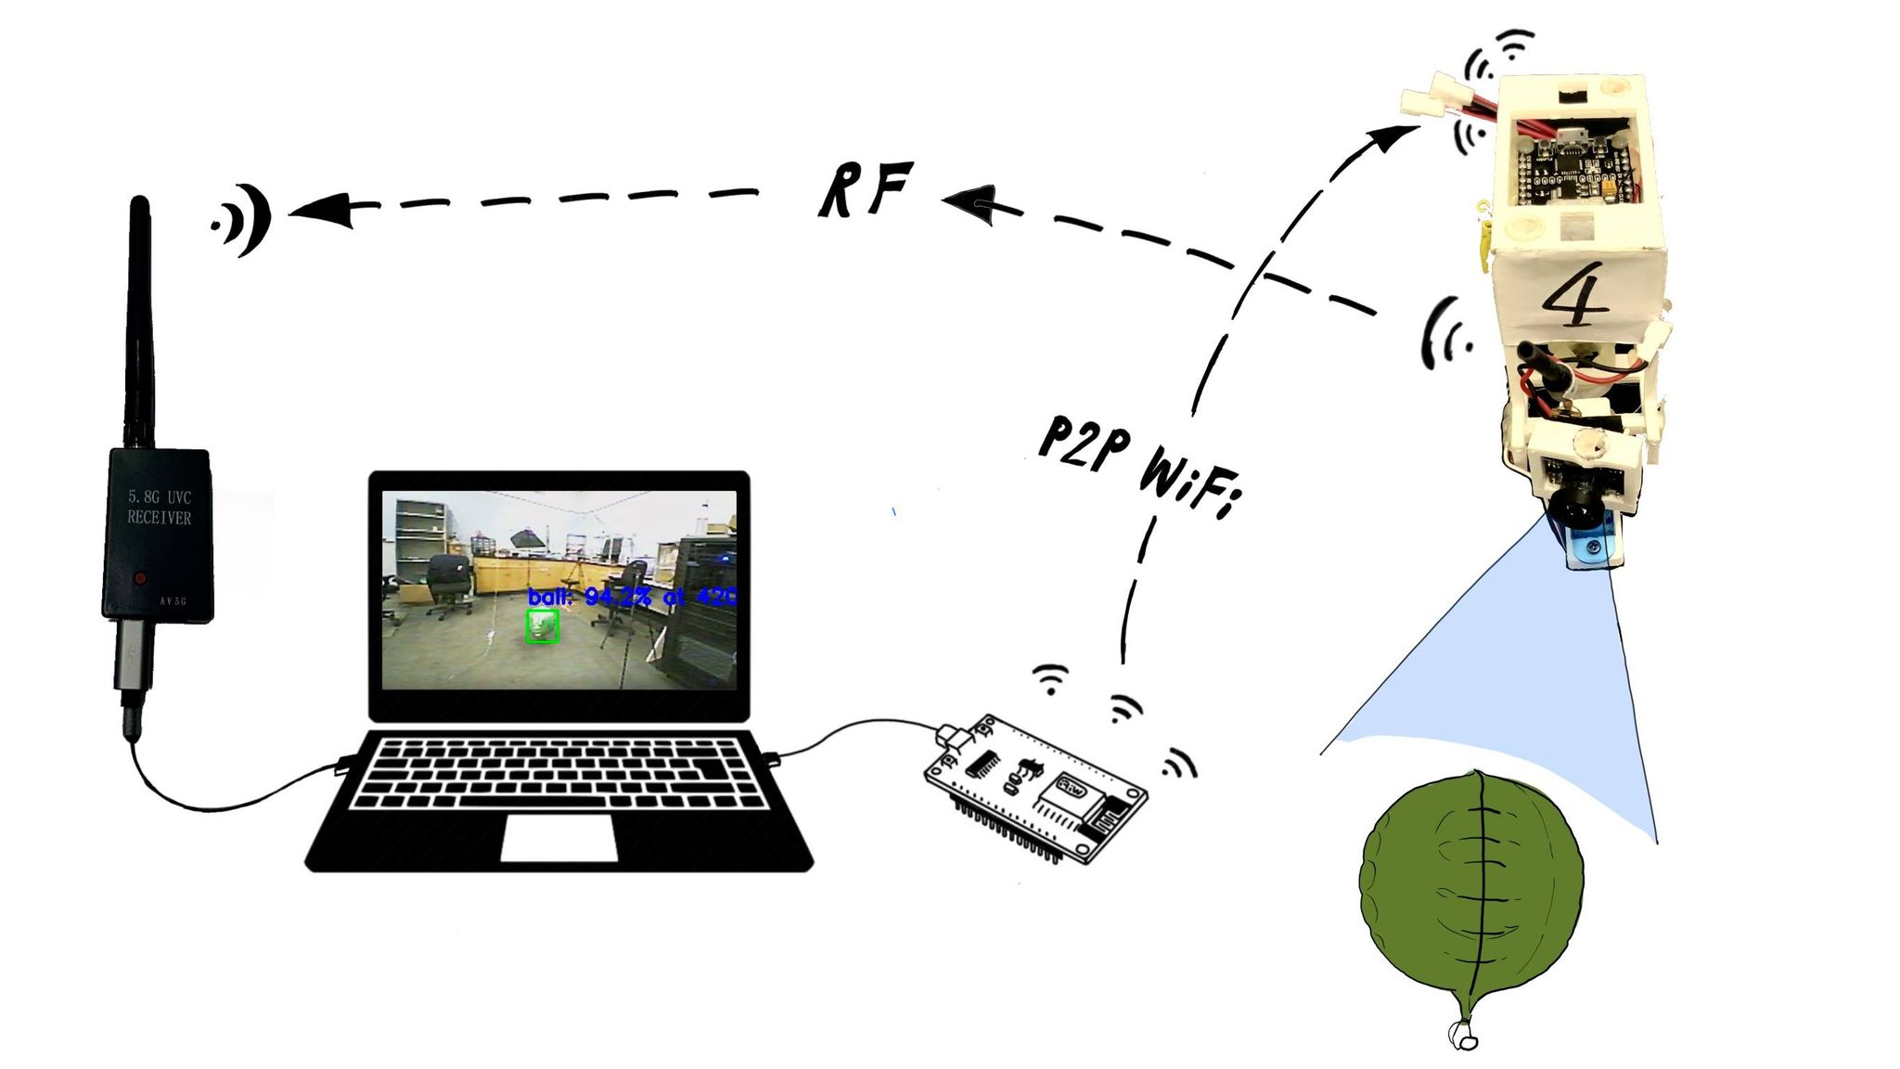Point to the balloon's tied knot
[1463, 1034]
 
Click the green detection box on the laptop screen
[543, 626]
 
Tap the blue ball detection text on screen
[631, 597]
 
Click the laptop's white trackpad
[558, 838]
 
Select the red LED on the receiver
[139, 578]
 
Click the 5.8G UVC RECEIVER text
[159, 508]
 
